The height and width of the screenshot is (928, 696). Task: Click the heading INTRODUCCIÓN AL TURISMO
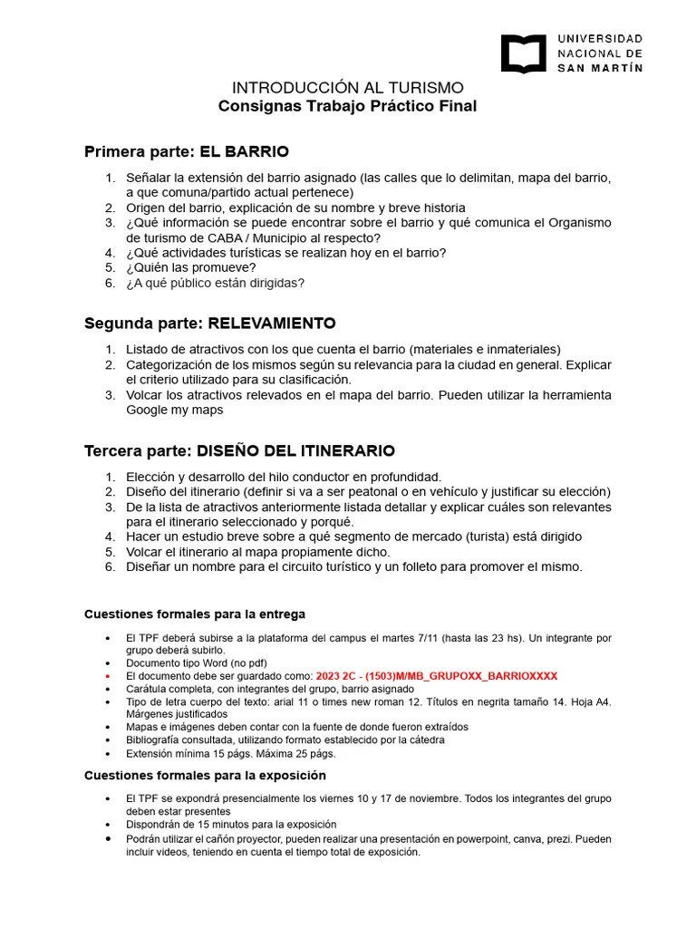point(348,88)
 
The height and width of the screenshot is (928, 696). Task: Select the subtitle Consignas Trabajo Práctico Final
point(348,107)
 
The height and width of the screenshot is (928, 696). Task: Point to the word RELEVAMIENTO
point(272,323)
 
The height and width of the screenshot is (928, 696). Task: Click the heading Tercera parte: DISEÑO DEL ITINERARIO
point(239,450)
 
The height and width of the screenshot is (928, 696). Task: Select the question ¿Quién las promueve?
point(191,267)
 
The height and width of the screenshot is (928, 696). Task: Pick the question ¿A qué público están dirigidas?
point(216,283)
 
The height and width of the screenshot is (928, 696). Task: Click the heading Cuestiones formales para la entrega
point(195,614)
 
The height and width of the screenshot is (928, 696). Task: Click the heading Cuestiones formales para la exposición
point(205,776)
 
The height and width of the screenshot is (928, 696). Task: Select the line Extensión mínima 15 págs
point(231,753)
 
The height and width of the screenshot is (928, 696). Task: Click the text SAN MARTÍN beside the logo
point(600,68)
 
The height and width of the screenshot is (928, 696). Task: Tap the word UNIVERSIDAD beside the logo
point(600,39)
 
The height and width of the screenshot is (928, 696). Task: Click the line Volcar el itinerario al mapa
point(258,552)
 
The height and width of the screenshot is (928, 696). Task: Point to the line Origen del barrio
point(295,208)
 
